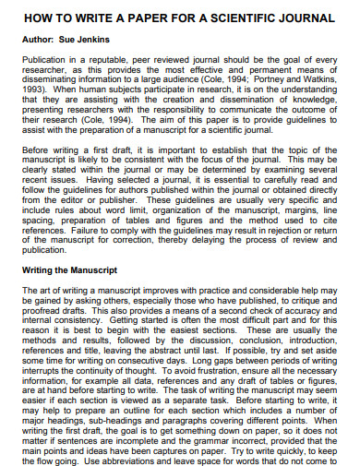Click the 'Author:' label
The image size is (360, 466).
pyautogui.click(x=39, y=41)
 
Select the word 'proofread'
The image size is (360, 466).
pyautogui.click(x=40, y=304)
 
